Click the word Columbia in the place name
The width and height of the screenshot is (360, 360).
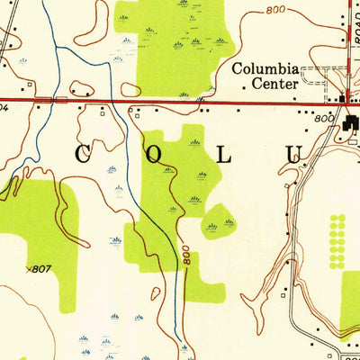click(x=265, y=68)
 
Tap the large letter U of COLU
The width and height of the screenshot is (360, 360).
click(x=293, y=155)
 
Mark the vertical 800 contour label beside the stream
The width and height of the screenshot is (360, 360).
click(x=184, y=256)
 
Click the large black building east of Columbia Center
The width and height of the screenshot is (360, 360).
click(x=347, y=118)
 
